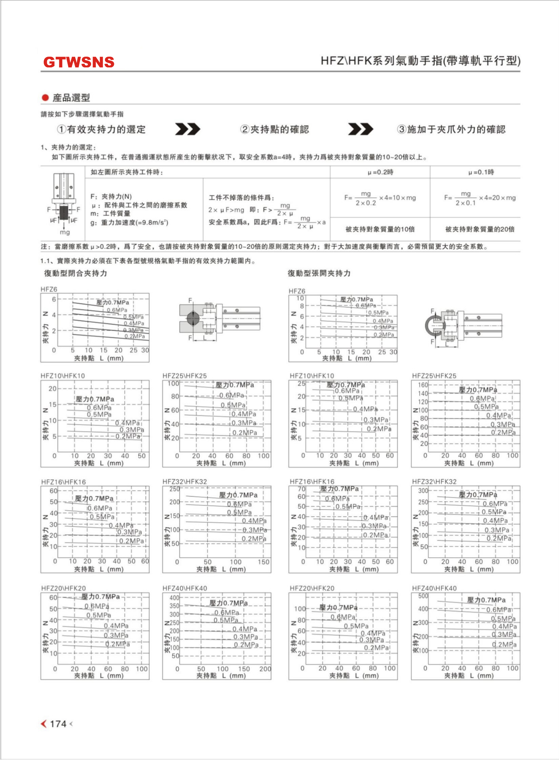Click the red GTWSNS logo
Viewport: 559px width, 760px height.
pyautogui.click(x=79, y=62)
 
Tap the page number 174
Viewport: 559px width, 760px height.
pyautogui.click(x=58, y=724)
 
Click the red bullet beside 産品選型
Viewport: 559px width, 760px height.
pyautogui.click(x=45, y=98)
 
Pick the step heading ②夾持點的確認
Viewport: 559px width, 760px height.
pyautogui.click(x=275, y=129)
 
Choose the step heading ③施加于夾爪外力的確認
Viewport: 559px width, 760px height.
pyautogui.click(x=451, y=129)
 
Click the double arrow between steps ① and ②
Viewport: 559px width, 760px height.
pyautogui.click(x=187, y=129)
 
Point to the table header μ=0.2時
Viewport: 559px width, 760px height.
pyautogui.click(x=380, y=172)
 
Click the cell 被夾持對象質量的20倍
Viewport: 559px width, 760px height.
pyautogui.click(x=480, y=229)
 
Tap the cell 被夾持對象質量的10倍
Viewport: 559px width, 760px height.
pyautogui.click(x=380, y=229)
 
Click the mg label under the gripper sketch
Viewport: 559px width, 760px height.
pyautogui.click(x=65, y=232)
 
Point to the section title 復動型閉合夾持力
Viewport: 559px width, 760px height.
pyautogui.click(x=75, y=273)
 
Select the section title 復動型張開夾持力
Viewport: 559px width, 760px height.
pyautogui.click(x=319, y=273)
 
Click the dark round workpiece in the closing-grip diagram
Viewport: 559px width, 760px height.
pyautogui.click(x=193, y=319)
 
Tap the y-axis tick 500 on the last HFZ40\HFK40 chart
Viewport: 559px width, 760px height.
pyautogui.click(x=423, y=596)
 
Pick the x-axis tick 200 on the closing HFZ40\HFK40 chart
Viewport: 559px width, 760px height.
pyautogui.click(x=265, y=669)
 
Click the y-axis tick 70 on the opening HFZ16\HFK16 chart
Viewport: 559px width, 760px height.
pyautogui.click(x=301, y=489)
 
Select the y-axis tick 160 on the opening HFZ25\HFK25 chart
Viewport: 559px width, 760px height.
pyautogui.click(x=423, y=385)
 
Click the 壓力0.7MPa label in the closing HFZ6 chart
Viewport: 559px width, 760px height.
pyautogui.click(x=113, y=303)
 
